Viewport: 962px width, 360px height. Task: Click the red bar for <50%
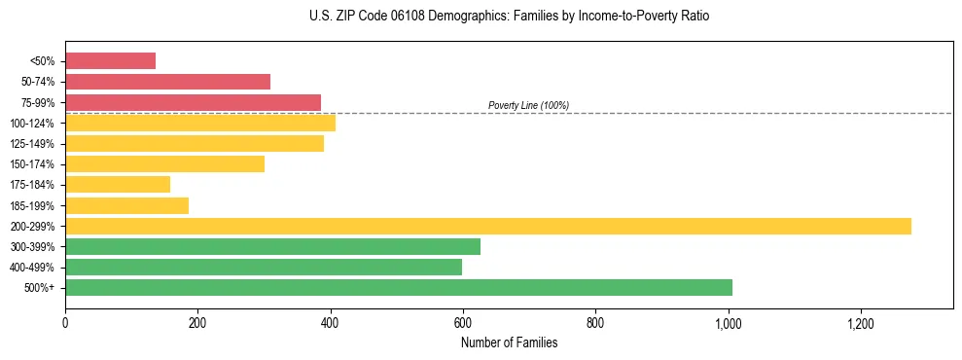tap(110, 61)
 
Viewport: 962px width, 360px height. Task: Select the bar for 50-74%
tap(167, 82)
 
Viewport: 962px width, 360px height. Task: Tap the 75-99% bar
tap(193, 102)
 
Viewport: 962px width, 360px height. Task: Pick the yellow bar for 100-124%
tap(200, 123)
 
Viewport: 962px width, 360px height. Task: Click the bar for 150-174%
tap(164, 163)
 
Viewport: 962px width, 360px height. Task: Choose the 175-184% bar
tap(118, 185)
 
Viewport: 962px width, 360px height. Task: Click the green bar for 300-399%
tap(272, 246)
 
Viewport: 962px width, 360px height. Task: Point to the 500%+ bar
tap(399, 287)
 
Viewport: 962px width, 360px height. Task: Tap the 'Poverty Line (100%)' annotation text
tap(528, 105)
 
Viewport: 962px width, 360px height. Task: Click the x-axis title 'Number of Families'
tap(509, 342)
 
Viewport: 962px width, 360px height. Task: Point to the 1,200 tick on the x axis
tap(861, 322)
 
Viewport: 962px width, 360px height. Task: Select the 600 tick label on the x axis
tap(463, 322)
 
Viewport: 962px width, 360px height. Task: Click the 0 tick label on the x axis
tap(65, 322)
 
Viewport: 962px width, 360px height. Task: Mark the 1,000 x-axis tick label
tap(729, 322)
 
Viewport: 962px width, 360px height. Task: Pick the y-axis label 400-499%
tap(32, 268)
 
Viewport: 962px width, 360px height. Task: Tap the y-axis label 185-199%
tap(32, 205)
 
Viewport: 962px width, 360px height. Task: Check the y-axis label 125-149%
tap(32, 144)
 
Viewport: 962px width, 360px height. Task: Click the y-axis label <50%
tap(42, 61)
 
